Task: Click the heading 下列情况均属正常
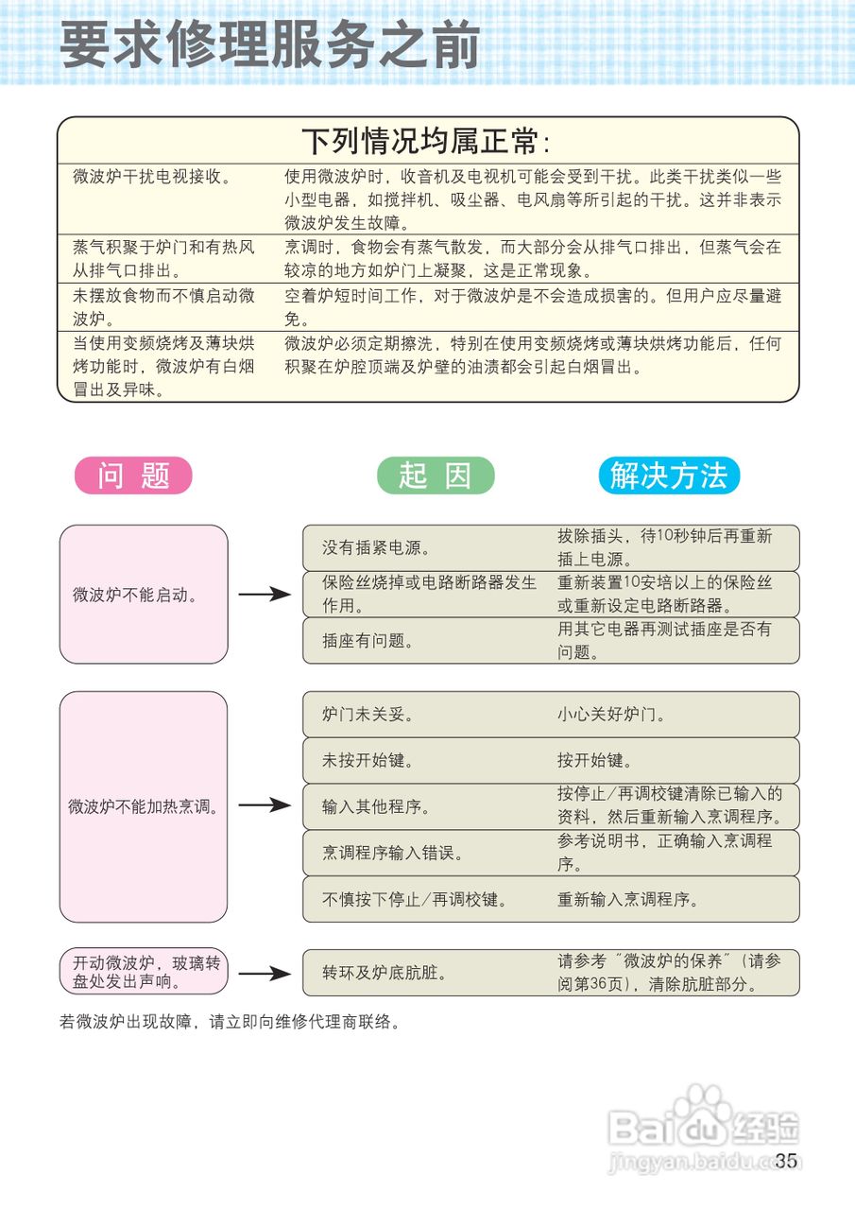click(425, 141)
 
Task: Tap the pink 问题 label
click(133, 475)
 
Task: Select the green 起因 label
click(436, 475)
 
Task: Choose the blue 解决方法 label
click(669, 475)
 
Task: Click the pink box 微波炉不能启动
click(144, 595)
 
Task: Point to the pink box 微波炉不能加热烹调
click(144, 806)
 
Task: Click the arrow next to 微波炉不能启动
click(264, 595)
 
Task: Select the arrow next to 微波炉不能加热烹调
click(264, 805)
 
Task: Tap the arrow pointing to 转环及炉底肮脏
click(264, 973)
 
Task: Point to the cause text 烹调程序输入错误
click(393, 854)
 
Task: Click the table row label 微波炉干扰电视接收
click(152, 177)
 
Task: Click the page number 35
click(786, 1161)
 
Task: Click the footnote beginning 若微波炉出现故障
click(231, 1022)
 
